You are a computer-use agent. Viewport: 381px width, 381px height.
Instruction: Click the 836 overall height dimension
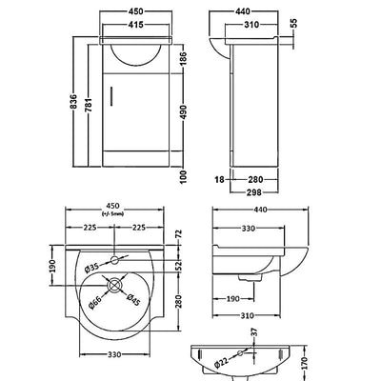coord(73,101)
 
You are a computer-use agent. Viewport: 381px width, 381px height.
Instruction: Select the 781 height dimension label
coord(89,105)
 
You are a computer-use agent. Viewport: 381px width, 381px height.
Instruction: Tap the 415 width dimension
coord(136,24)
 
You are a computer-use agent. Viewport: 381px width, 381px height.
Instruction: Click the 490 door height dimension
coord(184,112)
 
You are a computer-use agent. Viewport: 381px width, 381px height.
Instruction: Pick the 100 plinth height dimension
coord(184,176)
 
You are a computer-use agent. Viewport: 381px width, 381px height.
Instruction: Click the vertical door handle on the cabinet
coord(111,96)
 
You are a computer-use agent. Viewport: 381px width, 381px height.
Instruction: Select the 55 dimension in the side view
coord(293,24)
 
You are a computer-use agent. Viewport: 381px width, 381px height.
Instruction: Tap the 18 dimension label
coord(219,180)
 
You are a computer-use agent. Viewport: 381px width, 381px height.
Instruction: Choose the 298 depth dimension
coord(254,192)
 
